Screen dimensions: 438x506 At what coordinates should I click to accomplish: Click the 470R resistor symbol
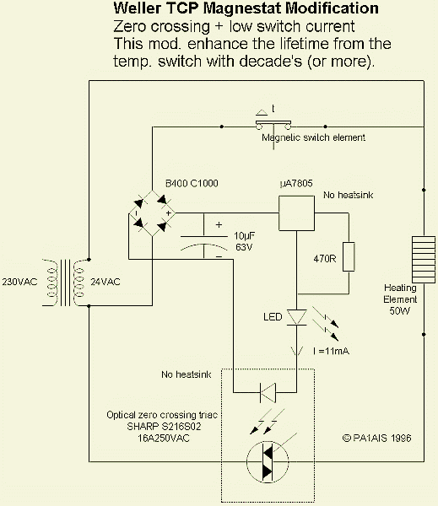(x=349, y=256)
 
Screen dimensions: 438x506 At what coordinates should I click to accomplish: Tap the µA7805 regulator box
(x=296, y=213)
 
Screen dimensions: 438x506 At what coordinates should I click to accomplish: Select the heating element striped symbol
(x=424, y=260)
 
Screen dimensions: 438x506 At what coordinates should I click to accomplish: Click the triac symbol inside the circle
(x=268, y=462)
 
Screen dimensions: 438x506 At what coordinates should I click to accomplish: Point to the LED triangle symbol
(x=296, y=318)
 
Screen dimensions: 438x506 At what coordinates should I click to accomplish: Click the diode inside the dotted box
(x=268, y=392)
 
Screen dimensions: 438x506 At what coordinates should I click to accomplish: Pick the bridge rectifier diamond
(x=152, y=213)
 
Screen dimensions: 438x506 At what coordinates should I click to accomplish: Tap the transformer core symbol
(x=65, y=283)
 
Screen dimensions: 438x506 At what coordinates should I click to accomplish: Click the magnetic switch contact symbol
(x=273, y=124)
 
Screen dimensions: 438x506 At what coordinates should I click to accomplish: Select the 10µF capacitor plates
(x=204, y=243)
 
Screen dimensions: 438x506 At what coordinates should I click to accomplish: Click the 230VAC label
(x=19, y=282)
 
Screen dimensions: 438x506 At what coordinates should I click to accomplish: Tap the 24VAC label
(x=105, y=282)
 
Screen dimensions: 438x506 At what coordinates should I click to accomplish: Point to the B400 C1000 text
(x=192, y=183)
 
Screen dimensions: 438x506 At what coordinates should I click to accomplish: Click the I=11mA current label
(x=331, y=351)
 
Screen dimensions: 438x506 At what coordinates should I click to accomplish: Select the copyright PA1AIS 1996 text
(x=376, y=438)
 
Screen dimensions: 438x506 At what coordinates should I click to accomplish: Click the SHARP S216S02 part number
(x=164, y=426)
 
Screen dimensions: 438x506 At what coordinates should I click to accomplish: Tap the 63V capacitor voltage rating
(x=244, y=247)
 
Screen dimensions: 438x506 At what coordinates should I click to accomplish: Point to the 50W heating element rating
(x=399, y=310)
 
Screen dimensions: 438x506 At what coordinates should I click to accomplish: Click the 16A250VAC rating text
(x=164, y=439)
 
